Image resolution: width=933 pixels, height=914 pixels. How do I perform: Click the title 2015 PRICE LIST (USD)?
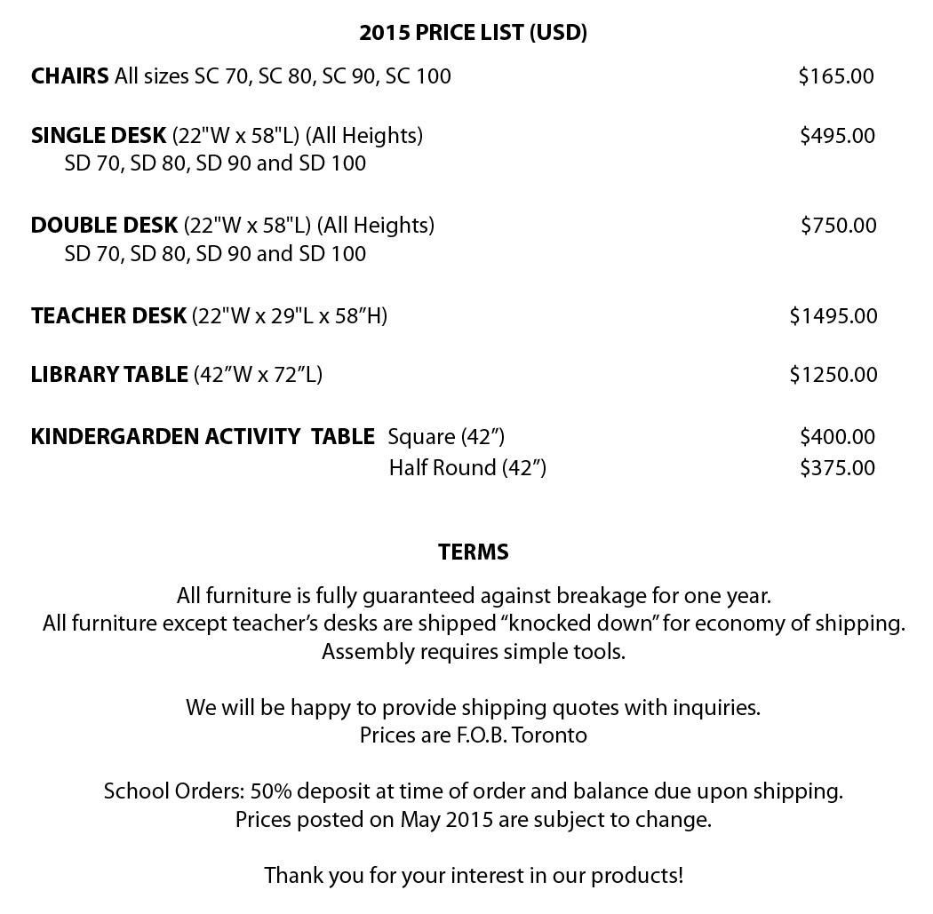point(473,33)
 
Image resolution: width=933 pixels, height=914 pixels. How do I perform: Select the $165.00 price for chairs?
point(835,76)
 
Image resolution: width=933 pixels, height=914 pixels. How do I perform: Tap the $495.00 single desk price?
point(837,136)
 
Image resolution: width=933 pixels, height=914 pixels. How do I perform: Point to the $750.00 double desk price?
point(838,226)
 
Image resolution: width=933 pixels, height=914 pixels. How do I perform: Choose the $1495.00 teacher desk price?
point(833,316)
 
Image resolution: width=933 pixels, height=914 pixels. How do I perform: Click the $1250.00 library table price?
point(833,375)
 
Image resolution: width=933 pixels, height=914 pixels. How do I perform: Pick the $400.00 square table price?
point(837,437)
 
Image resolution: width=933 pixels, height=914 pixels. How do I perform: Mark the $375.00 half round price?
point(837,468)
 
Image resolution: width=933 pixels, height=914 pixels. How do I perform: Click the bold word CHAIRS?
point(70,76)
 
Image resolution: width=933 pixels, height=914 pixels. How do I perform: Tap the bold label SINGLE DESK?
point(99,136)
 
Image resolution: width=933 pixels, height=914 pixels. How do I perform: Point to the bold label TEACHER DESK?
point(108,316)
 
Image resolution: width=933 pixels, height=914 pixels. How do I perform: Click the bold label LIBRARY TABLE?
point(109,375)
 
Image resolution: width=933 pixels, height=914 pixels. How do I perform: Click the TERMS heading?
point(473,552)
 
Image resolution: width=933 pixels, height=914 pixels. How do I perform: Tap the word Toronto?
point(552,736)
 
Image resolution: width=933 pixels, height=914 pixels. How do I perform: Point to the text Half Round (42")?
point(467,468)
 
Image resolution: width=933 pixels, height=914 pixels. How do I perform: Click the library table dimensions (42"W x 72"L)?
point(258,375)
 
